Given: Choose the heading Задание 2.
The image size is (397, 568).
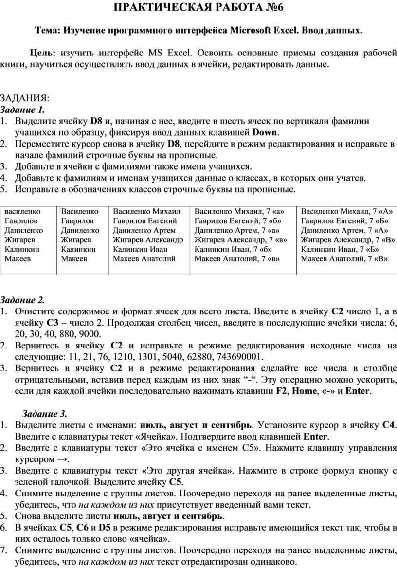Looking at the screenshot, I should [23, 299].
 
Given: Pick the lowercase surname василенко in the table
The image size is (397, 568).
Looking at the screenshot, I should [23, 212].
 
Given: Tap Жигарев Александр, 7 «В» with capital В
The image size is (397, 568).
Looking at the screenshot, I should [347, 239].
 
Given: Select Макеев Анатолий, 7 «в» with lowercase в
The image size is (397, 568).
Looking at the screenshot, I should [237, 258].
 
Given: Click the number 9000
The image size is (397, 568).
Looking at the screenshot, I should [90, 334].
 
